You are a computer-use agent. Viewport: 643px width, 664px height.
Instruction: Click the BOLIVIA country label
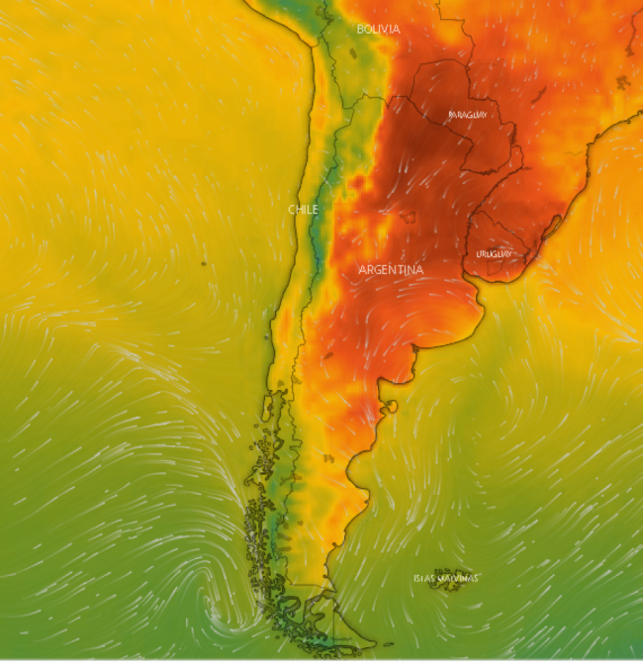tap(378, 30)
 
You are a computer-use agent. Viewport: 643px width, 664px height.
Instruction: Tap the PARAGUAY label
tap(468, 115)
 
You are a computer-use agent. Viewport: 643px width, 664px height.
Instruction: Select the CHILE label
tap(303, 210)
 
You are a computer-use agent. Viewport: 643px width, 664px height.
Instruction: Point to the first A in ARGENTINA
tap(363, 269)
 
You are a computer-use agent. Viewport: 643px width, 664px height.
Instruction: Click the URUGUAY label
tap(494, 254)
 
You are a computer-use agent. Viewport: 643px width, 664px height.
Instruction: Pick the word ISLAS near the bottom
tap(423, 578)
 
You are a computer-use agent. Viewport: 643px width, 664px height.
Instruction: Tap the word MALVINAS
tap(458, 578)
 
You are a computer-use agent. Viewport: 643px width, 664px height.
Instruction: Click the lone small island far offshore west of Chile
tap(203, 263)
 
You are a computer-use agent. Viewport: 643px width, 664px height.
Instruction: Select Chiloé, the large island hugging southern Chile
tap(268, 407)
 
